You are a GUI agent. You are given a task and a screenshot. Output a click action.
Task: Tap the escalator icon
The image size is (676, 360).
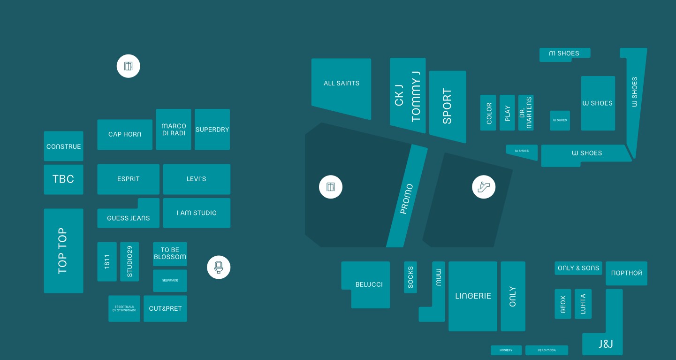click(483, 187)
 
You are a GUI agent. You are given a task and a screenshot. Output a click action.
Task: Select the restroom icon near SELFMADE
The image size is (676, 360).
click(219, 268)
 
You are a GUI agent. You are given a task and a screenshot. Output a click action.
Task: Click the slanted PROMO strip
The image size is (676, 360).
click(406, 199)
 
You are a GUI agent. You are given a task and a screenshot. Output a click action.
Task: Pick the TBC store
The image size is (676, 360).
click(63, 179)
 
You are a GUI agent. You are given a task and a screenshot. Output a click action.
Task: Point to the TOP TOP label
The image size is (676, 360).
click(62, 251)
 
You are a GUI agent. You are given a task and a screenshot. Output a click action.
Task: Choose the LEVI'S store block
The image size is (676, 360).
click(197, 179)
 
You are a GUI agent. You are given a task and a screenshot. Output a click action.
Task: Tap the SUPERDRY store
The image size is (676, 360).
click(212, 130)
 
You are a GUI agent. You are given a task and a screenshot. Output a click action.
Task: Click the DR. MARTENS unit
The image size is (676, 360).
click(526, 113)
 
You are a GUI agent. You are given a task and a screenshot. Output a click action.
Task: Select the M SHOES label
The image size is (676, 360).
click(564, 54)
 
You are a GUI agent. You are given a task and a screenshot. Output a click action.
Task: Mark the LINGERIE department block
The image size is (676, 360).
click(473, 296)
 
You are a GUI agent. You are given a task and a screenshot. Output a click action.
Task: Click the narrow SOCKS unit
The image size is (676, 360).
click(410, 277)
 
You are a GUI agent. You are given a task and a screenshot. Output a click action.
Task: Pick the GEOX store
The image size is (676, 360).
click(563, 304)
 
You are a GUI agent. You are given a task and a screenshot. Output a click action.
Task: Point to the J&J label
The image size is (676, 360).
click(606, 344)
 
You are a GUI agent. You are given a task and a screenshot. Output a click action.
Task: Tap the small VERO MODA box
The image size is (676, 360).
click(547, 350)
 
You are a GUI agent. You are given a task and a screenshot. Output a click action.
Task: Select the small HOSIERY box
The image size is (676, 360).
click(506, 350)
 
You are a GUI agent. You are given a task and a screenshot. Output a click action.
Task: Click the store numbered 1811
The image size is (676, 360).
click(107, 261)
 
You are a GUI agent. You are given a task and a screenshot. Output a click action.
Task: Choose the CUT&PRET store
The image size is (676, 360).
click(165, 308)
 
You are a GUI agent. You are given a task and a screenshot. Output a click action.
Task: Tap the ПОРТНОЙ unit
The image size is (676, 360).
click(626, 273)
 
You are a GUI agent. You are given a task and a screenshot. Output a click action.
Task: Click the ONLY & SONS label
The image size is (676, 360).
click(578, 268)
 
